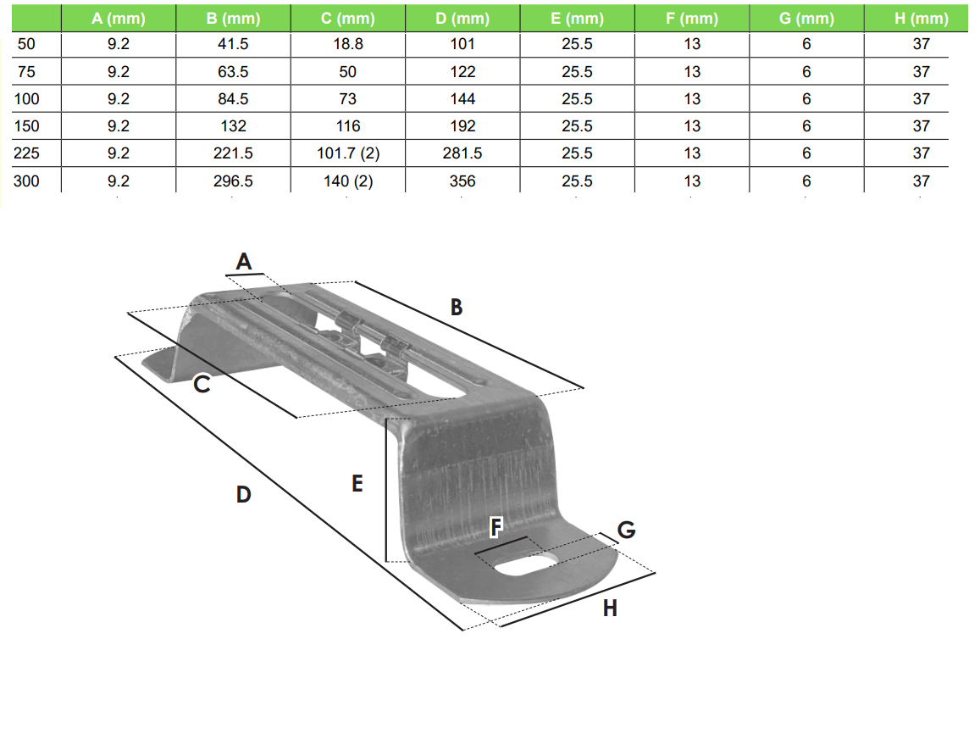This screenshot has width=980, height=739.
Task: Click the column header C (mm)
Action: click(347, 19)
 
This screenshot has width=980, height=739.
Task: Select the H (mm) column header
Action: click(922, 19)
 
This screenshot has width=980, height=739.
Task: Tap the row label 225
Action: click(27, 153)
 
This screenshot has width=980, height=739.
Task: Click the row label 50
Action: click(27, 44)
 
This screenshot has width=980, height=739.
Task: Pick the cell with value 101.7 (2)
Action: click(347, 153)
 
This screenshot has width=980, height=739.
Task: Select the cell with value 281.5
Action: click(462, 153)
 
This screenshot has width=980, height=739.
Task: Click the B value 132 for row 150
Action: click(233, 126)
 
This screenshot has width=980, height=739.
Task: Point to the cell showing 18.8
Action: click(347, 44)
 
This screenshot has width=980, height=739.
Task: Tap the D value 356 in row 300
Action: click(462, 181)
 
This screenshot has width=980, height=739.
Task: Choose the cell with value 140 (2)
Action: click(347, 181)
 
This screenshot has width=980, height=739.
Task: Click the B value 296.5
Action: click(233, 181)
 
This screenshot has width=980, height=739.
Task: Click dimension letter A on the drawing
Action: click(244, 263)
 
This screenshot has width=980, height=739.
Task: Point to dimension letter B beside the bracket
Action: click(457, 308)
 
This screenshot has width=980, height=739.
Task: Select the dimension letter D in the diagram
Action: click(244, 494)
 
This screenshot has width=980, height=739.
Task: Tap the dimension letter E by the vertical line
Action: click(357, 484)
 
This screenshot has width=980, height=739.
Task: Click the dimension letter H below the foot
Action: click(610, 608)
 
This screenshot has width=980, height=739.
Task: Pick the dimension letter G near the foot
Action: click(626, 531)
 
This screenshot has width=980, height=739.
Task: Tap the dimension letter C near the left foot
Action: click(202, 385)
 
